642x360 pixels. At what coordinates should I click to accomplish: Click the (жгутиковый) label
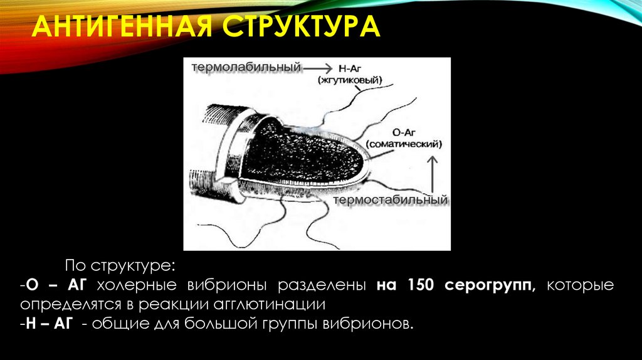350,80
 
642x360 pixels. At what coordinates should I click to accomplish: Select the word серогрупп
490,285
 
